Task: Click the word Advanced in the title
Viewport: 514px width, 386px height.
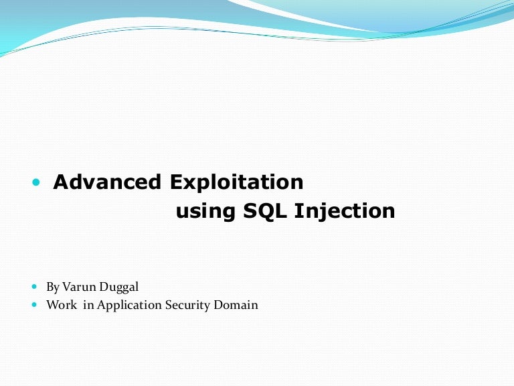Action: [107, 182]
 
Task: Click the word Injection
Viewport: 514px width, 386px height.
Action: [345, 212]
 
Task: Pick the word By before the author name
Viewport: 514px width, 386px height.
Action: [53, 287]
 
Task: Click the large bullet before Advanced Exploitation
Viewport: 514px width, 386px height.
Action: [36, 183]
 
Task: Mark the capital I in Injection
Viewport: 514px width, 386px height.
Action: [298, 211]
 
